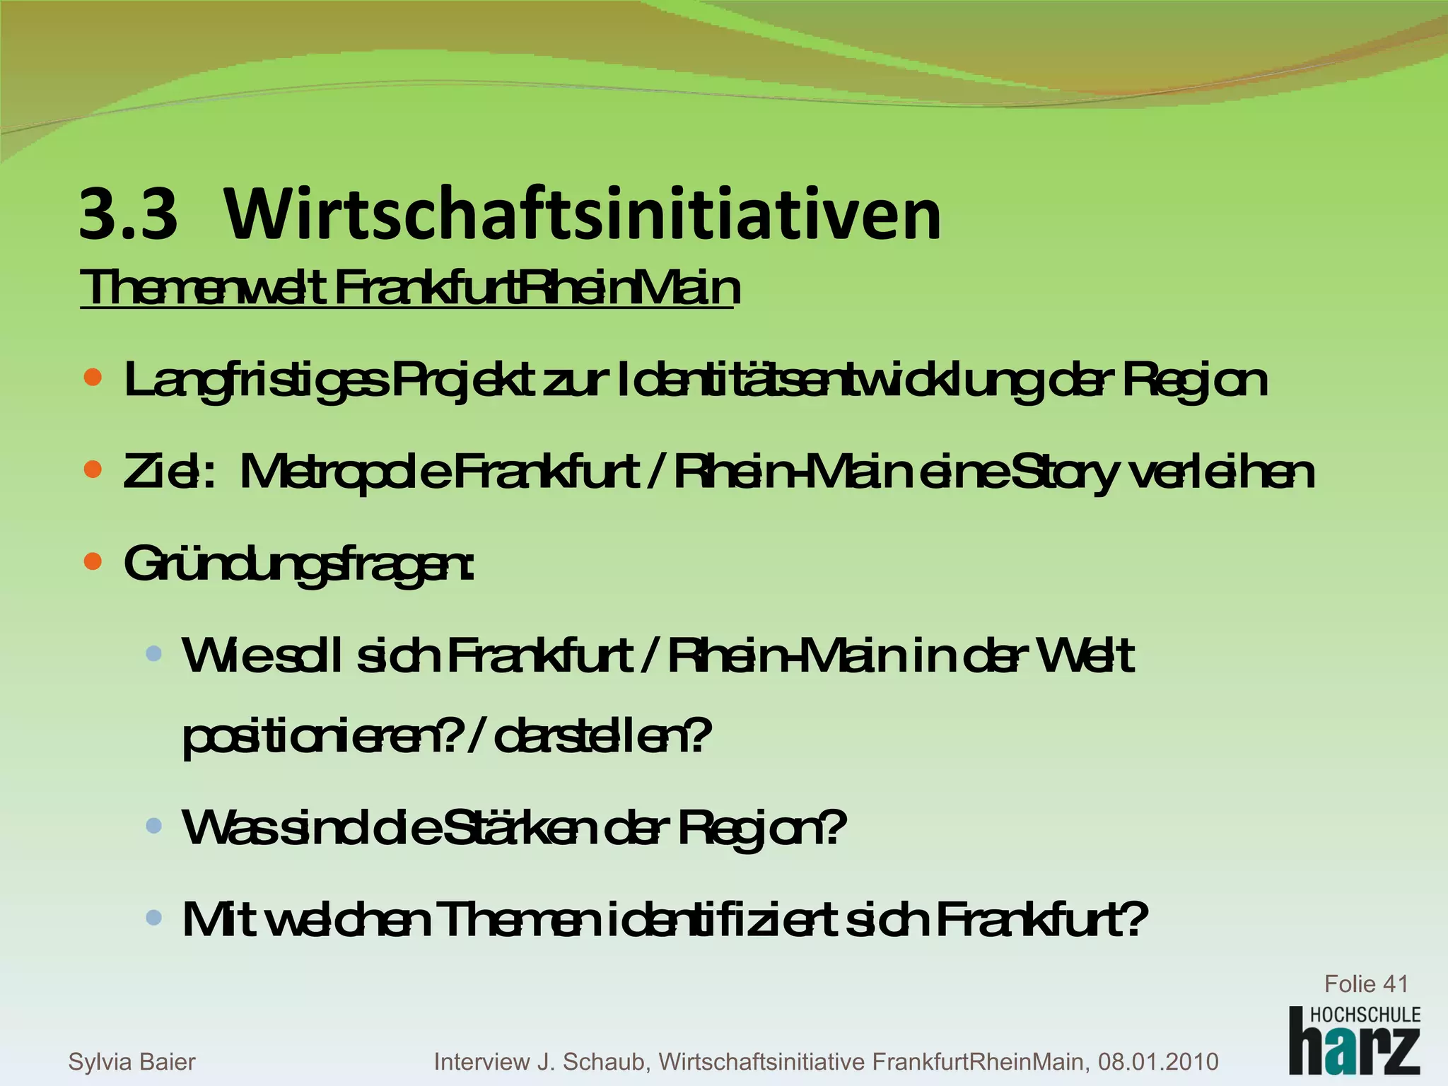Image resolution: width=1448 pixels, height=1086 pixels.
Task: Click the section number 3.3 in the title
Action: click(128, 214)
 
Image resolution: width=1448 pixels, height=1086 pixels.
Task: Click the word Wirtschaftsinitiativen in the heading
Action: click(583, 214)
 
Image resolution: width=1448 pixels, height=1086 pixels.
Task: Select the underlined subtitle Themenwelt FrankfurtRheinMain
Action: click(410, 288)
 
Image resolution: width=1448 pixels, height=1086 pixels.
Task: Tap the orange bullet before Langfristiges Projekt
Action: click(93, 378)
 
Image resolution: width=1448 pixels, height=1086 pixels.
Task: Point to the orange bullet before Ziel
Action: click(93, 469)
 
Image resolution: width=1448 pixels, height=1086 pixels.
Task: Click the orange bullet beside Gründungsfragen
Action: click(93, 562)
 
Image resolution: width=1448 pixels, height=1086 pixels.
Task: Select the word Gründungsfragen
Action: click(298, 564)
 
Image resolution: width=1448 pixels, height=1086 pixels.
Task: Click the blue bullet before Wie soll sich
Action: click(153, 653)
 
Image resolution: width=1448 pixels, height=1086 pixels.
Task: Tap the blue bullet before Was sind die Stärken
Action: click(153, 825)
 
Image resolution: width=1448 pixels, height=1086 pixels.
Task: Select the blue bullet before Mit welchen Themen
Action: click(153, 918)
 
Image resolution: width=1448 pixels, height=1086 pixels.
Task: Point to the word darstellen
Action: click(601, 737)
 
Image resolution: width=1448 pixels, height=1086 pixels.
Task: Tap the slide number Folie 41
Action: click(1365, 983)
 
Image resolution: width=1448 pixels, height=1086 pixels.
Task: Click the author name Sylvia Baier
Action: click(132, 1061)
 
